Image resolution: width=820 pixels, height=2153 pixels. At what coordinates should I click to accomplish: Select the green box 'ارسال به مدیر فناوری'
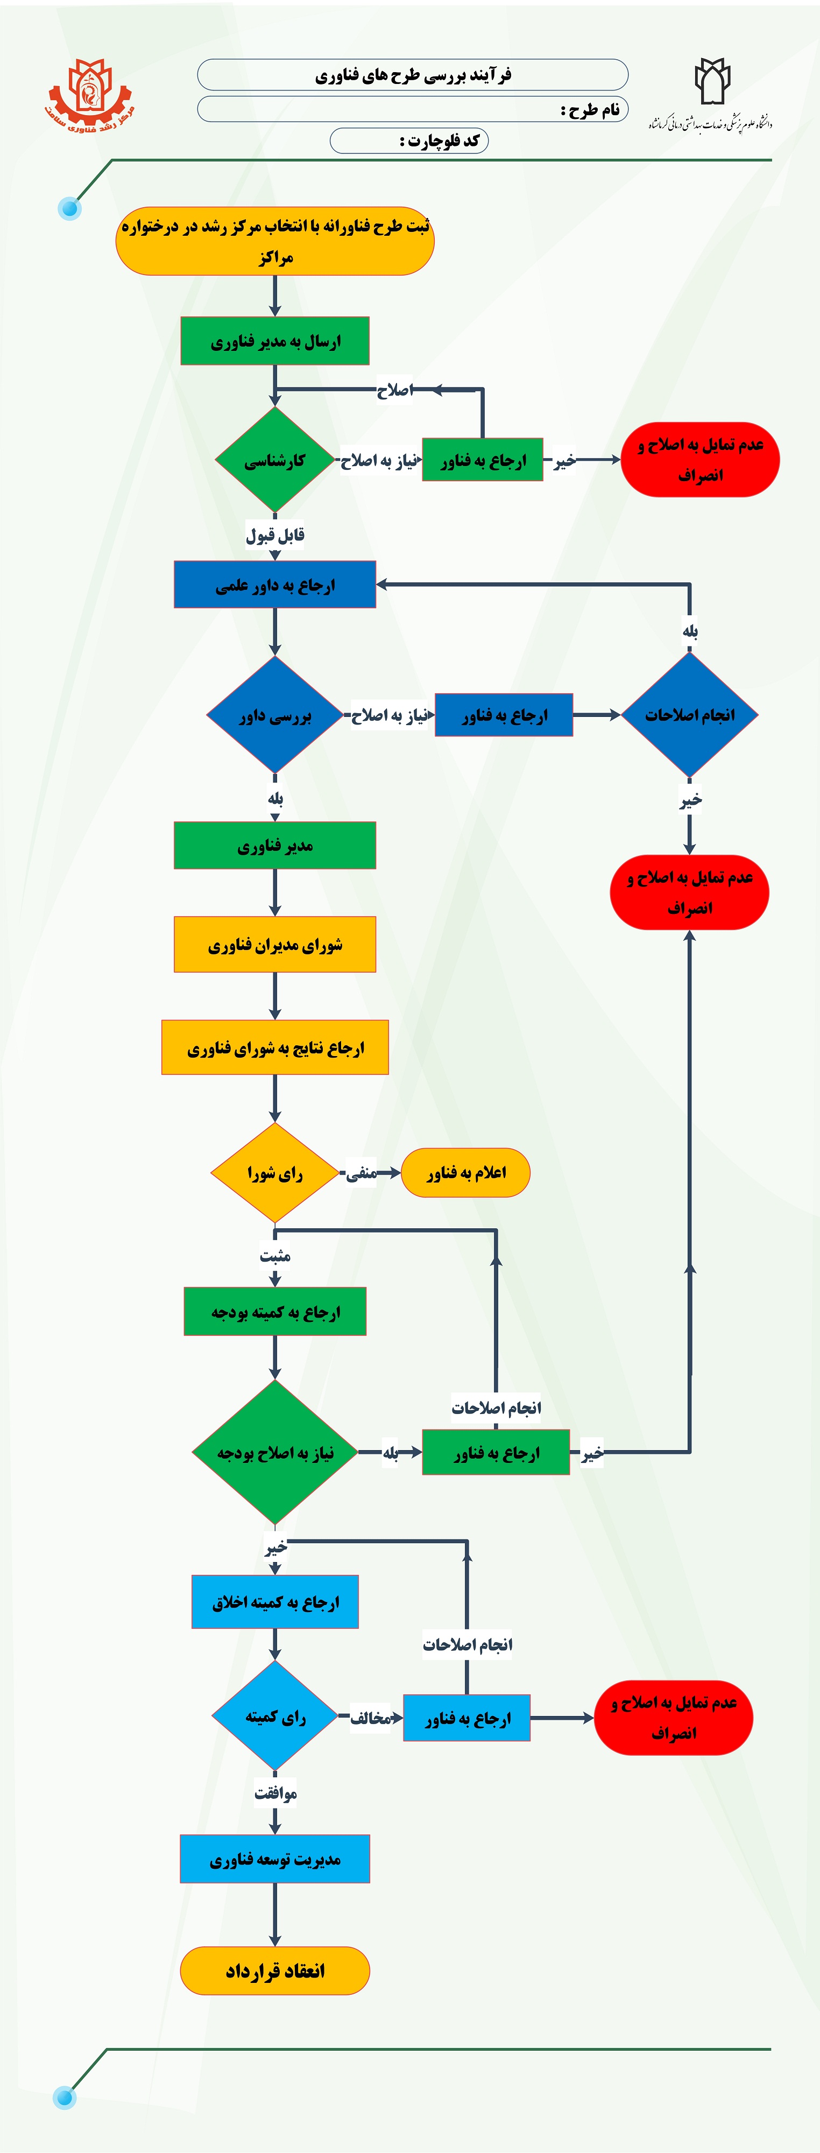[274, 341]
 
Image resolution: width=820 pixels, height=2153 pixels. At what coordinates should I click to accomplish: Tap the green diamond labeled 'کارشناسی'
[274, 460]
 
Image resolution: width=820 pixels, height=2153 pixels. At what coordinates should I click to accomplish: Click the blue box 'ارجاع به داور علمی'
[274, 585]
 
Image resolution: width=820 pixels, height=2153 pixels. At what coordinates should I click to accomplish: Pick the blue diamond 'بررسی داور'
[274, 715]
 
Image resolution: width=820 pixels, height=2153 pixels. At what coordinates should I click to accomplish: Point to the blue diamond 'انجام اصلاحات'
[690, 715]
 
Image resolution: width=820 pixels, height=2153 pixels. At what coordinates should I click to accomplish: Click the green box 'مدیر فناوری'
[274, 846]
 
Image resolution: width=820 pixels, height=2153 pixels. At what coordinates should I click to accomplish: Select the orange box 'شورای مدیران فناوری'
[274, 945]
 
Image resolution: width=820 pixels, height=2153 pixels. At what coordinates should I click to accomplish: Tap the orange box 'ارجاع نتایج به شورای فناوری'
[274, 1047]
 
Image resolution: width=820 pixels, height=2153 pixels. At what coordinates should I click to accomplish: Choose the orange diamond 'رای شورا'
[274, 1173]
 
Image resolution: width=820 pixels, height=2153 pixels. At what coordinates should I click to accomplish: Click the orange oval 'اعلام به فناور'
[465, 1173]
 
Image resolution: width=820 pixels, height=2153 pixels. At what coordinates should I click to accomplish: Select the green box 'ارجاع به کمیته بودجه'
[274, 1311]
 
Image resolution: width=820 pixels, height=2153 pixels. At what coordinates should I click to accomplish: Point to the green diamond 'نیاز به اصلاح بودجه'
[274, 1453]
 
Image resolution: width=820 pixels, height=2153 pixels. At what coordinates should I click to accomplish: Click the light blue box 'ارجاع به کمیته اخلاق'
[274, 1601]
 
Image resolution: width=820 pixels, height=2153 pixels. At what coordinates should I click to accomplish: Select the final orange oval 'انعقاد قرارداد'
[274, 1970]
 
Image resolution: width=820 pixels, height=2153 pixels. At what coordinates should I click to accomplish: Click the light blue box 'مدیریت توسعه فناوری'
[274, 1859]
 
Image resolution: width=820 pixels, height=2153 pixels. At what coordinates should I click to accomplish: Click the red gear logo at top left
[89, 94]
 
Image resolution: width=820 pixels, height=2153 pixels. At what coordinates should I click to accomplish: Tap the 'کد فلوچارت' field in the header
[409, 140]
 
